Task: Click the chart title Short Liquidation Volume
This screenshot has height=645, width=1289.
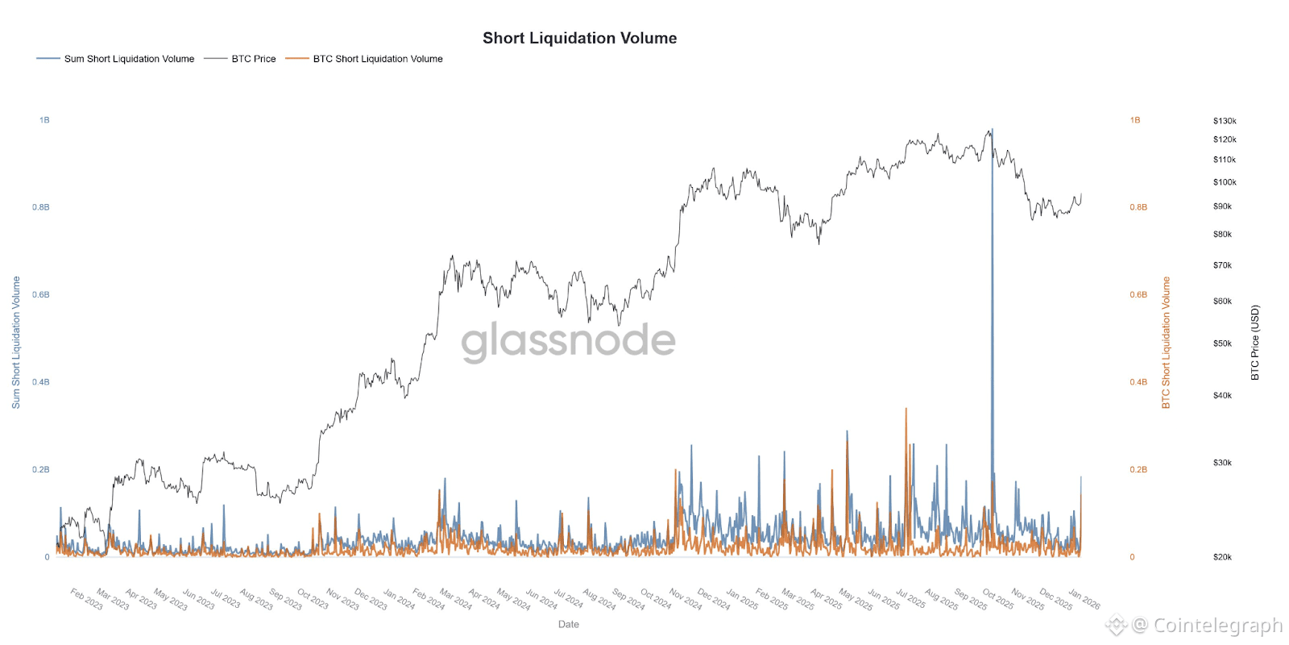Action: pos(579,38)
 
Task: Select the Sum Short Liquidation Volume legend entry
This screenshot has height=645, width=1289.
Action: pos(129,59)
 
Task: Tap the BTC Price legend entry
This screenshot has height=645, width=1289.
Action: pos(253,59)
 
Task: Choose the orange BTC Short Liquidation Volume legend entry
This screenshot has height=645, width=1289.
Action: pos(377,59)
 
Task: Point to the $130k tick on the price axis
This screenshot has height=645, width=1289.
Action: pos(1224,121)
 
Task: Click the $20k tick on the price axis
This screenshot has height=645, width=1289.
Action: pos(1222,557)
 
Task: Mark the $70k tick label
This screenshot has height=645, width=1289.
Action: pos(1222,265)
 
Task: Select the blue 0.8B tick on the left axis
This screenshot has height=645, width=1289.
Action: pos(40,207)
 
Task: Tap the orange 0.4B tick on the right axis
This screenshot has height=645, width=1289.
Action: pos(1138,382)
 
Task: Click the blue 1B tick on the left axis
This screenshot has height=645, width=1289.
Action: pos(44,120)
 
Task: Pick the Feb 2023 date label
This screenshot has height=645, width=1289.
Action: pos(86,599)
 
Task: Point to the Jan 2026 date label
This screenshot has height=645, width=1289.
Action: pos(1084,599)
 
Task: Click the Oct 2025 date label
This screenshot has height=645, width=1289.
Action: pos(997,599)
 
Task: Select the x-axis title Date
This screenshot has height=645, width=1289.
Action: pos(568,624)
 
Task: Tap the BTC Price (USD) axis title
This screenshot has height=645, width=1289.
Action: pos(1254,342)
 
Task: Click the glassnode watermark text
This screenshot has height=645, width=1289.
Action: pos(568,340)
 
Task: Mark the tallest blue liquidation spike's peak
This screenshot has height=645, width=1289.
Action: pos(992,129)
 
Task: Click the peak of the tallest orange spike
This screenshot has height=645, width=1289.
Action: pos(906,409)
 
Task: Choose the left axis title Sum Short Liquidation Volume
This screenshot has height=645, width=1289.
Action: pos(15,342)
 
